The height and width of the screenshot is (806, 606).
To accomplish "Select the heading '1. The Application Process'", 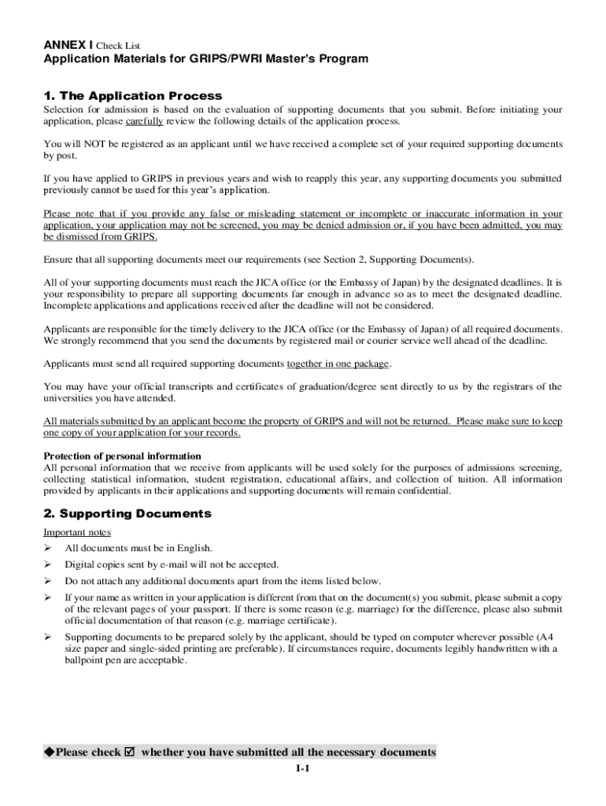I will pyautogui.click(x=133, y=95).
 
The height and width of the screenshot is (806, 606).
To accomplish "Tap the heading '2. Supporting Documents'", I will pyautogui.click(x=127, y=513).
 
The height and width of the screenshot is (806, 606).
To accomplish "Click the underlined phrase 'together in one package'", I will pyautogui.click(x=338, y=364).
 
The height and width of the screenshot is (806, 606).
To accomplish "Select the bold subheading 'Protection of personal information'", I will pyautogui.click(x=122, y=456).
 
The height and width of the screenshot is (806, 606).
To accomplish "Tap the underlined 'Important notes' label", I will pyautogui.click(x=77, y=531).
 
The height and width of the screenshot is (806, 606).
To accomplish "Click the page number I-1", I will pyautogui.click(x=303, y=769).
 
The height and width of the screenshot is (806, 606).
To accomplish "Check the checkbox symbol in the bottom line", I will pyautogui.click(x=130, y=752).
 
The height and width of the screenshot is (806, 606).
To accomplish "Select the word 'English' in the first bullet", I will pyautogui.click(x=194, y=548).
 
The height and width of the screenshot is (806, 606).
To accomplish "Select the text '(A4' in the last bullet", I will pyautogui.click(x=552, y=636).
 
